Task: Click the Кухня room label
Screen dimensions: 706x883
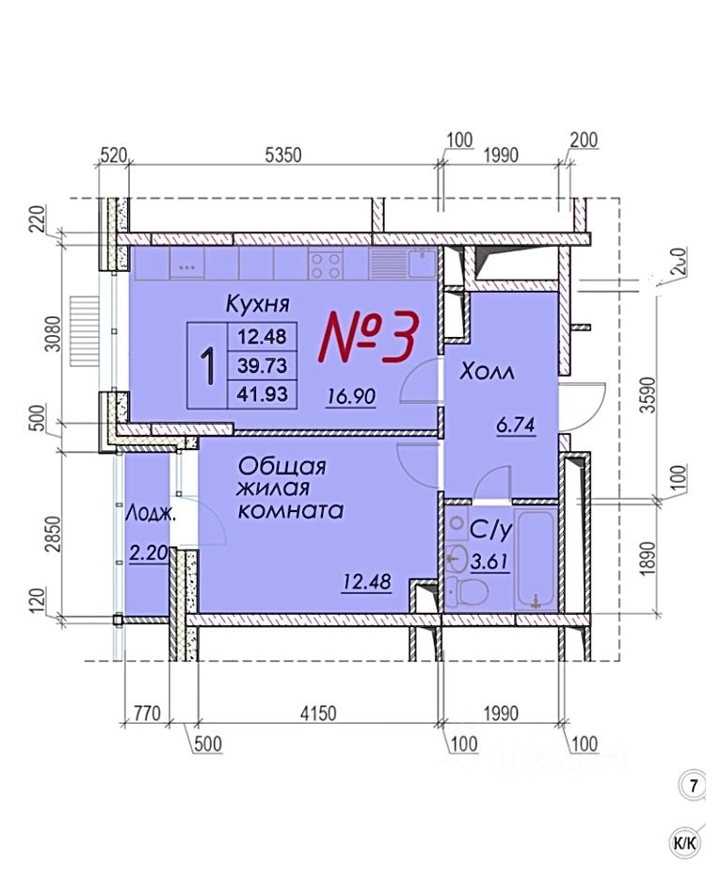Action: (x=256, y=304)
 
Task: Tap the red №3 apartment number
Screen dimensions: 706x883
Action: (x=368, y=337)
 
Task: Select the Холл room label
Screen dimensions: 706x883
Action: (x=487, y=373)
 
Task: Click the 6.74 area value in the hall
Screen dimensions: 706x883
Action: (x=516, y=425)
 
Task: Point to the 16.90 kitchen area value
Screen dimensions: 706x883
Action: (x=351, y=397)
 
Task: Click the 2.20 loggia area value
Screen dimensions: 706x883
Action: (x=148, y=554)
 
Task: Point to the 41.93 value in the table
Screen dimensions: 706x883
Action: (x=263, y=393)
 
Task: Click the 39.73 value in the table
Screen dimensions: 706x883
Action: (x=263, y=364)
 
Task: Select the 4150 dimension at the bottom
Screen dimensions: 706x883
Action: (x=317, y=715)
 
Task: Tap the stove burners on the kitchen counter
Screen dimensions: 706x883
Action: (x=326, y=265)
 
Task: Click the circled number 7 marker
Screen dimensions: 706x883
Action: (x=694, y=784)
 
